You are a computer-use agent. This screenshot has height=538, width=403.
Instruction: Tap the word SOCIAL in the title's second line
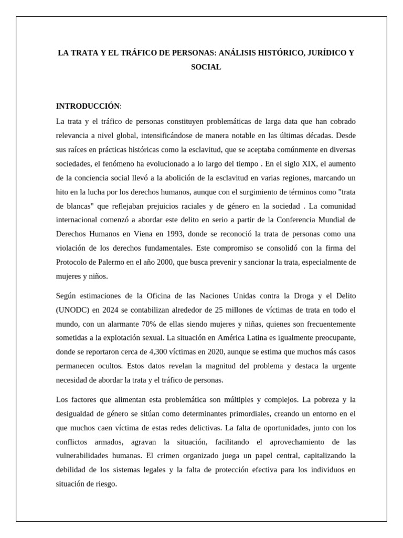point(206,67)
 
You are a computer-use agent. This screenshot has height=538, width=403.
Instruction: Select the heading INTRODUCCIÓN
point(88,107)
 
